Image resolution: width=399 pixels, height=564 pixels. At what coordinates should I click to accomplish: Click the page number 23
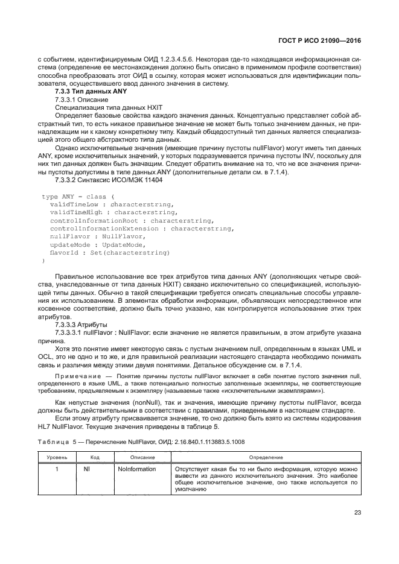tap(357, 513)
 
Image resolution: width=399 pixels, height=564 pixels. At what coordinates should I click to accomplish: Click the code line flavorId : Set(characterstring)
tap(109, 252)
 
